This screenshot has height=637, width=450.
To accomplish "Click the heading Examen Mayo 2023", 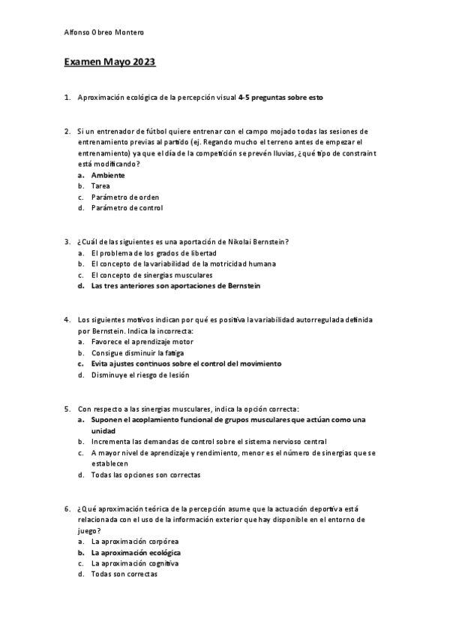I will (x=110, y=62).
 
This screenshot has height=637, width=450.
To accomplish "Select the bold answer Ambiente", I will (x=108, y=175).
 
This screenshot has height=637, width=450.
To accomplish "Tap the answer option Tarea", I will (x=100, y=186).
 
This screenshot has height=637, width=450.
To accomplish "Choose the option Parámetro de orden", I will (x=124, y=197).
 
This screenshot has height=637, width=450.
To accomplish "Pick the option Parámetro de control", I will (x=127, y=208).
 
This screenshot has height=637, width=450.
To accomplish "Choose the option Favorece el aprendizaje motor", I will (x=142, y=341).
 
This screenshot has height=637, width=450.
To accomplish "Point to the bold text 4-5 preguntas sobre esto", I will (x=280, y=98).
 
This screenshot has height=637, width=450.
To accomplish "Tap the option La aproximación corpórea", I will (x=135, y=541).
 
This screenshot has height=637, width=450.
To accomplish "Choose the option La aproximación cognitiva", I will (x=135, y=563).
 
